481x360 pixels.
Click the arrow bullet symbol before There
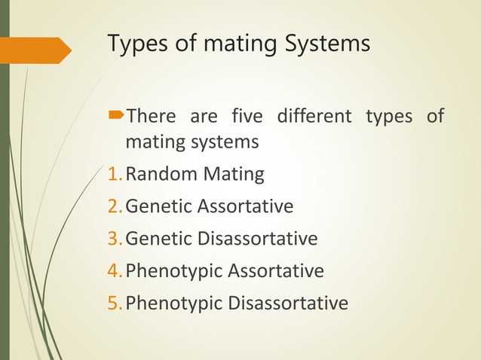115,117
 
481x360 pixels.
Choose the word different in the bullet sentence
314,117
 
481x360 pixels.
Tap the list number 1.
115,175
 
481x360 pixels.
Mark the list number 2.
115,207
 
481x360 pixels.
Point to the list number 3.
115,239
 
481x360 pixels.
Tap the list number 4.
115,271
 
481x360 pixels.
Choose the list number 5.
115,304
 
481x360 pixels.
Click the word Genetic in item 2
157,207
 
